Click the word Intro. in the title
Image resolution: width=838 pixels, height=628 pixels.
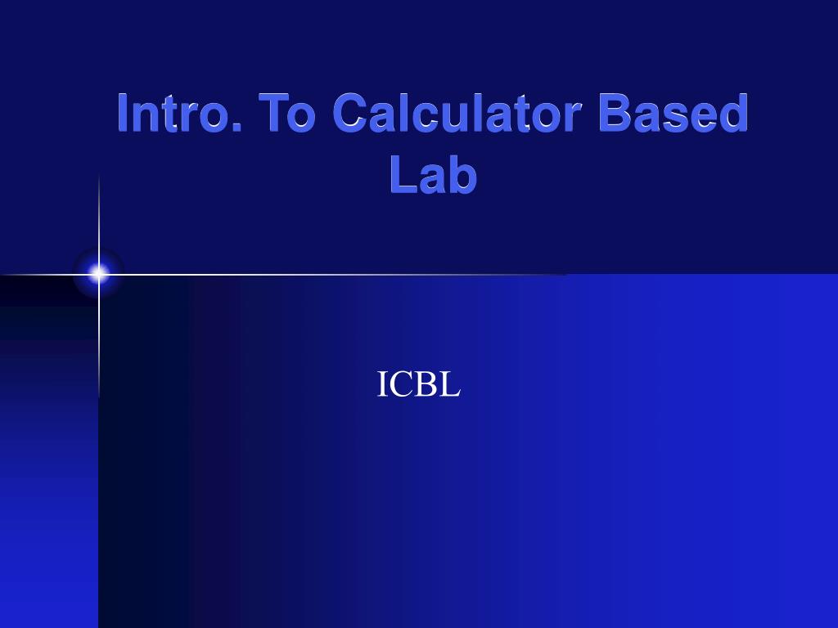coord(179,113)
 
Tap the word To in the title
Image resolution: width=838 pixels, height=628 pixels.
coord(286,113)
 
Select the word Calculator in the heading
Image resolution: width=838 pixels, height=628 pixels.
coord(457,113)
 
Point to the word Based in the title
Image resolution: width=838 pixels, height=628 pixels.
coord(674,113)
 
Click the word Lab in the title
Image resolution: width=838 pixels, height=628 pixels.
coord(434,174)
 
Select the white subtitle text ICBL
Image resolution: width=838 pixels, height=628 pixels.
coord(418,384)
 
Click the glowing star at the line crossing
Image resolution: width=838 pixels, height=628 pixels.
coord(98,274)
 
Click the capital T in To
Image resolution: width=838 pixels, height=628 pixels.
coord(272,113)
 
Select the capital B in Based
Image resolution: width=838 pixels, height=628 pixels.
coord(615,113)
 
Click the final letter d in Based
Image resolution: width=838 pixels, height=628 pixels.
coord(734,113)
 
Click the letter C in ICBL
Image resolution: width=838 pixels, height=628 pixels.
coord(401,384)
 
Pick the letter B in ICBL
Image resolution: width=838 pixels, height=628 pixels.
coord(427,384)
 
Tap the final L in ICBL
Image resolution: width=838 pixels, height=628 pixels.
coord(451,384)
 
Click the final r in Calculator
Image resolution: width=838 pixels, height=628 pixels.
coord(574,119)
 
